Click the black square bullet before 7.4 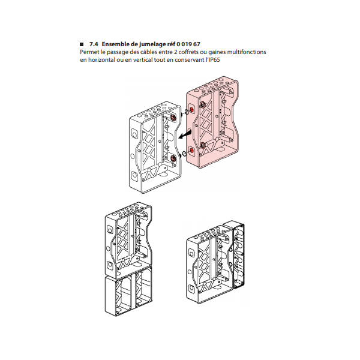click(x=82, y=44)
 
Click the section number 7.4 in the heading click(x=94, y=44)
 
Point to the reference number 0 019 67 click(x=188, y=44)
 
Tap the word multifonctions click(x=247, y=52)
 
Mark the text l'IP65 click(x=212, y=59)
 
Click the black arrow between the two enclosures click(x=185, y=135)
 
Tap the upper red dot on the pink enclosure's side click(x=192, y=110)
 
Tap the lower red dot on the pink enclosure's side click(x=191, y=151)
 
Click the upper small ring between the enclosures click(x=187, y=112)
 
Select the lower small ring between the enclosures click(x=184, y=153)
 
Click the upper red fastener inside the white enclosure click(x=173, y=118)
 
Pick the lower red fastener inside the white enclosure click(x=173, y=158)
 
